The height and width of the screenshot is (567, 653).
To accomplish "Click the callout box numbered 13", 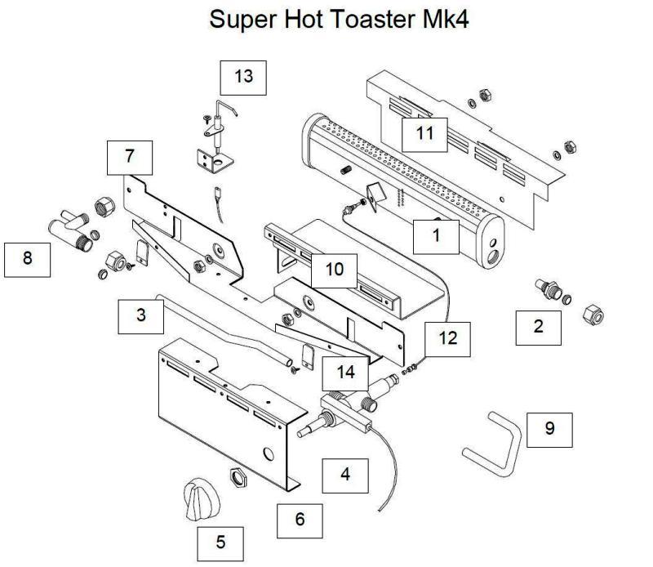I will point(243,77).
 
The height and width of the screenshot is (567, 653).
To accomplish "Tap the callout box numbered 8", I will point(28,258).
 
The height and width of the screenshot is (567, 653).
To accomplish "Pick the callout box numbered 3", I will point(141,315).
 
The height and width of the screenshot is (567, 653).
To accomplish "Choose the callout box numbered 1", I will point(436,236).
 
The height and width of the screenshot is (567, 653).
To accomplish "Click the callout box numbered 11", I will point(424,131).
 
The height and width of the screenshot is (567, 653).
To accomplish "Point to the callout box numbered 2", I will point(538,327).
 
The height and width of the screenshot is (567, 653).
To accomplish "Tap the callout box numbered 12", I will point(447,337).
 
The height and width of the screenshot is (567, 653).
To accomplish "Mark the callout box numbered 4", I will point(344,475).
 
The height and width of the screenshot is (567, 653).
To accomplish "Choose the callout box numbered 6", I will point(300,520).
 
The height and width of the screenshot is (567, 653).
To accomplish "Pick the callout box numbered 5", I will point(220,542).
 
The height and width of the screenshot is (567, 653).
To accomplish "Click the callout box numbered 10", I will point(335,269).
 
